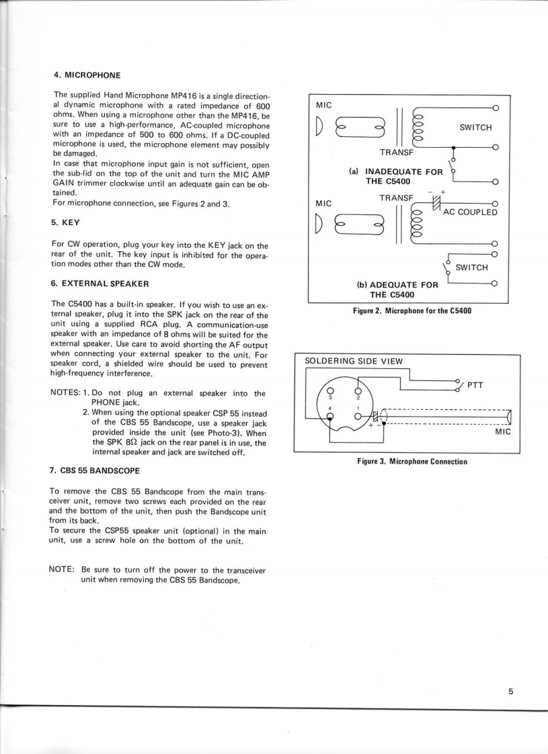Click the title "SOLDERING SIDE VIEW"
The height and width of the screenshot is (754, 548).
(354, 361)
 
